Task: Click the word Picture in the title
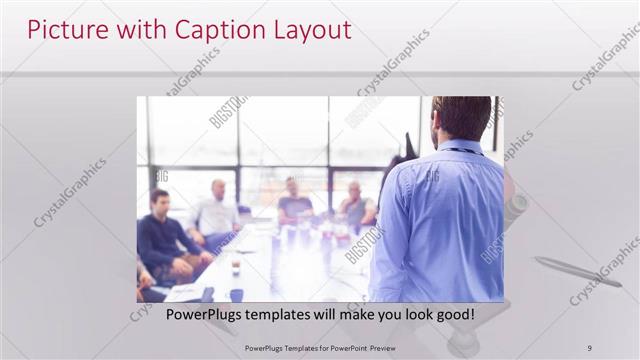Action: pyautogui.click(x=63, y=30)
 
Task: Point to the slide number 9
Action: pyautogui.click(x=590, y=347)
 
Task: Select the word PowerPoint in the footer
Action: pyautogui.click(x=339, y=347)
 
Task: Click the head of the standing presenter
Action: pyautogui.click(x=462, y=117)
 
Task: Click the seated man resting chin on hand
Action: pyautogui.click(x=356, y=205)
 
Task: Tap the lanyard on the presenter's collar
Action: pyautogui.click(x=462, y=151)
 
